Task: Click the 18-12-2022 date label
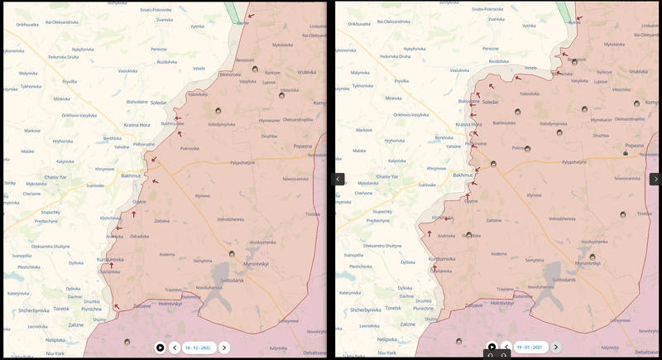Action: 199,348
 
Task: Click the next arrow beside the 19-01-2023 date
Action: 556,348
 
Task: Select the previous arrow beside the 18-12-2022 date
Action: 175,348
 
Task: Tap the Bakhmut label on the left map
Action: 131,176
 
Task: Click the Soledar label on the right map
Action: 490,102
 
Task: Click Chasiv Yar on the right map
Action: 387,177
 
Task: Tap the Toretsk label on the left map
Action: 61,309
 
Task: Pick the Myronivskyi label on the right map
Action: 586,263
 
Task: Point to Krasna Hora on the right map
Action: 468,124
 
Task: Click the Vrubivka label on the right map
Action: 639,71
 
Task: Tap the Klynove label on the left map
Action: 202,195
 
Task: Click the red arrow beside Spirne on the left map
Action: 250,14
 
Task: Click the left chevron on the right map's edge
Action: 338,179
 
